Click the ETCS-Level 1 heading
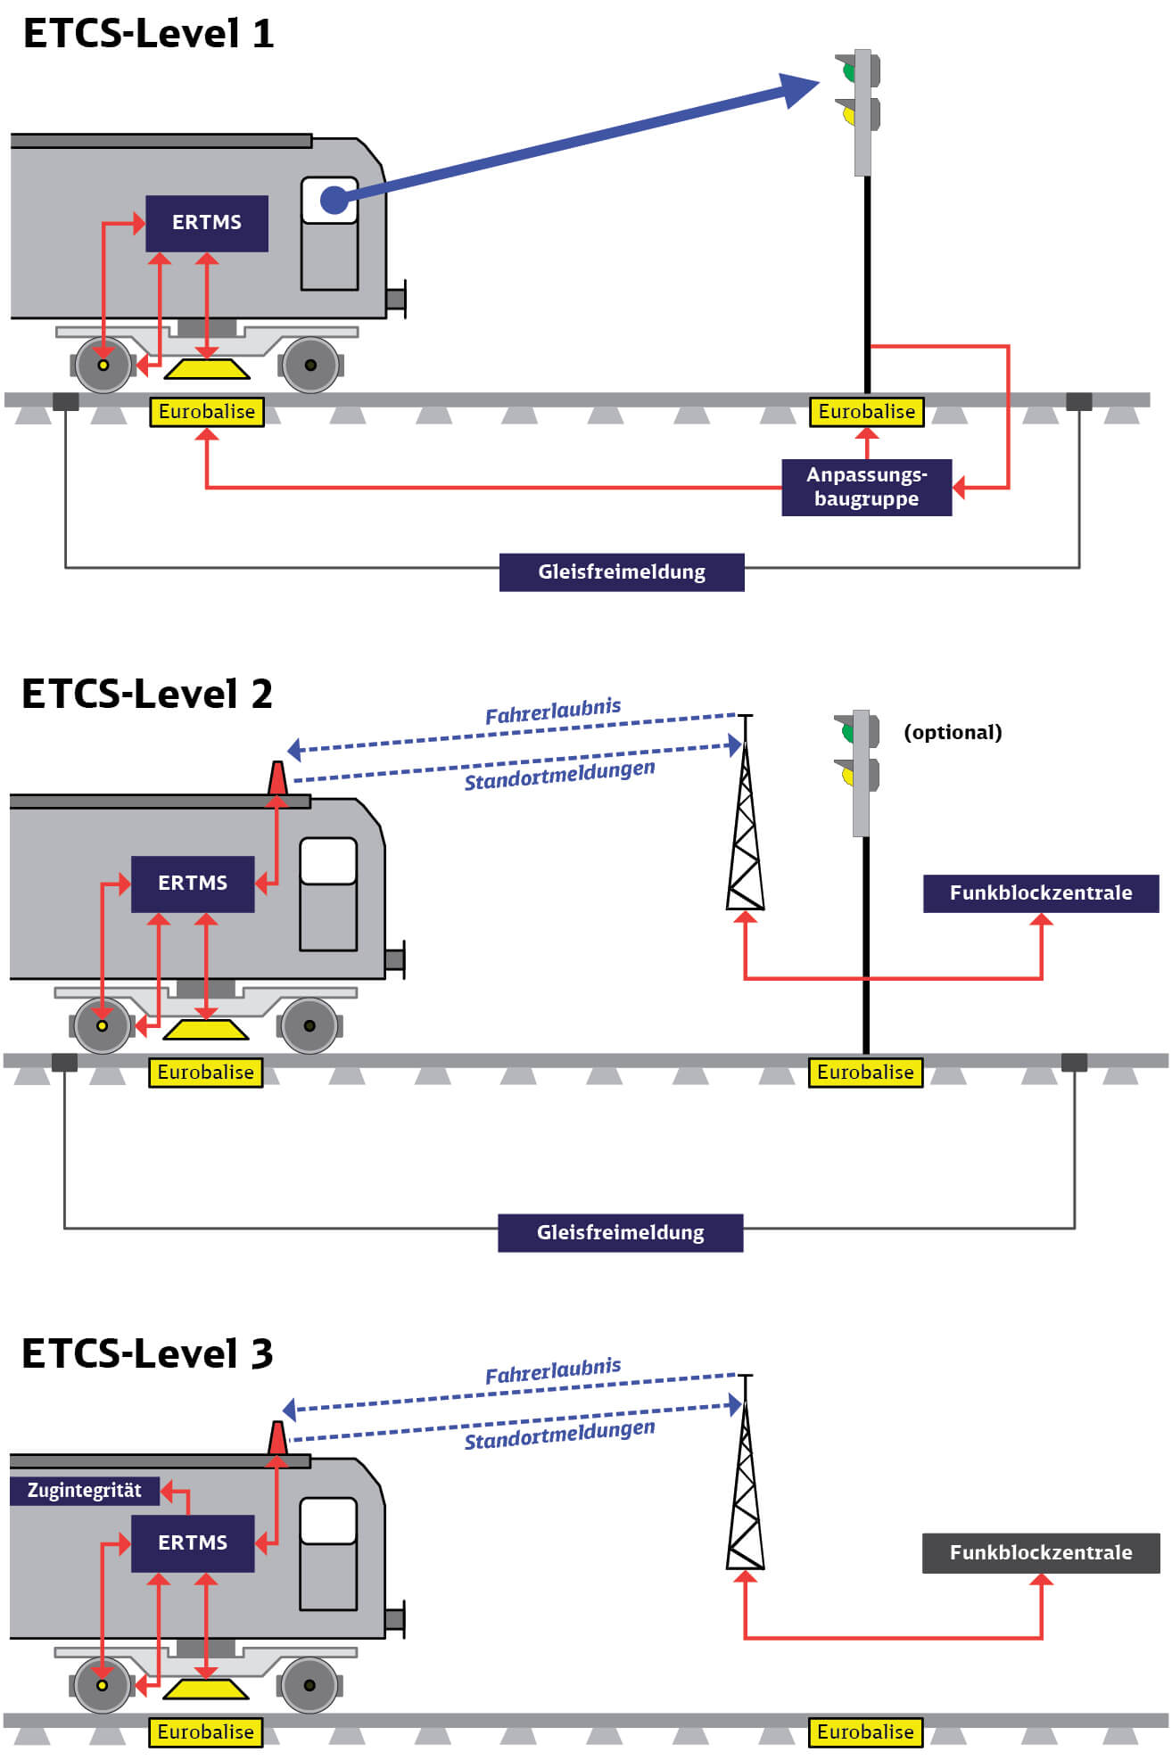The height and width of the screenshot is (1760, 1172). point(148,34)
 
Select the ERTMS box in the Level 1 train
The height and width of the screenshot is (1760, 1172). point(207,223)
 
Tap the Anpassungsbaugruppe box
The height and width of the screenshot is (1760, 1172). point(866,487)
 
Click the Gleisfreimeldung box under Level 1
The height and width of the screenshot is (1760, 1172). point(621,572)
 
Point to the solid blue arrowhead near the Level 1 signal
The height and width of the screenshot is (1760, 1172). point(797,89)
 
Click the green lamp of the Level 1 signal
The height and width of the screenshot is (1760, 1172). point(848,70)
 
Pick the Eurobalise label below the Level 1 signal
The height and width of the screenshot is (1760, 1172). point(866,412)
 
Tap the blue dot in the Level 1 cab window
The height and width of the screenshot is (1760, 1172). point(334,200)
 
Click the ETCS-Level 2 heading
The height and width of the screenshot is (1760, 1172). point(147,694)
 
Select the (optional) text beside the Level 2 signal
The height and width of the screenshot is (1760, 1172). point(953,732)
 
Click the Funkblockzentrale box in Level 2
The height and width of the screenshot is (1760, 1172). point(1040,892)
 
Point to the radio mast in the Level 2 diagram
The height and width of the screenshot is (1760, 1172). point(745,829)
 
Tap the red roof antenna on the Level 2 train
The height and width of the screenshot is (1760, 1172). point(277,778)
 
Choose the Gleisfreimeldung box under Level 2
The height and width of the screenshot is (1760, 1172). point(620,1232)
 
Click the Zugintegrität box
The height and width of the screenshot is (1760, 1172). point(84,1490)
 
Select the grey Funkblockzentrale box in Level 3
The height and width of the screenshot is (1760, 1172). point(1040,1552)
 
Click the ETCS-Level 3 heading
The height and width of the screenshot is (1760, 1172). point(147,1353)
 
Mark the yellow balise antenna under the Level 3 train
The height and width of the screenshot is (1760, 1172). point(205,1689)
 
